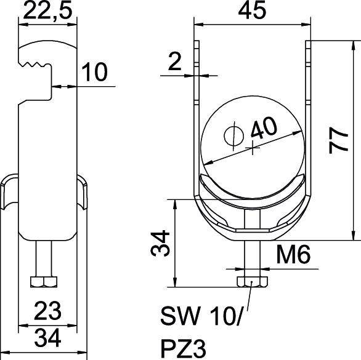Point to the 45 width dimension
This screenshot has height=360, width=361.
pyautogui.click(x=253, y=10)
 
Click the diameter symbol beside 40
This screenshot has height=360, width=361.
pyautogui.click(x=235, y=136)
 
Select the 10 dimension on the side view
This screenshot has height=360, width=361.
pyautogui.click(x=94, y=72)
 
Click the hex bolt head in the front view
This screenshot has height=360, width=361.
pyautogui.click(x=253, y=281)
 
